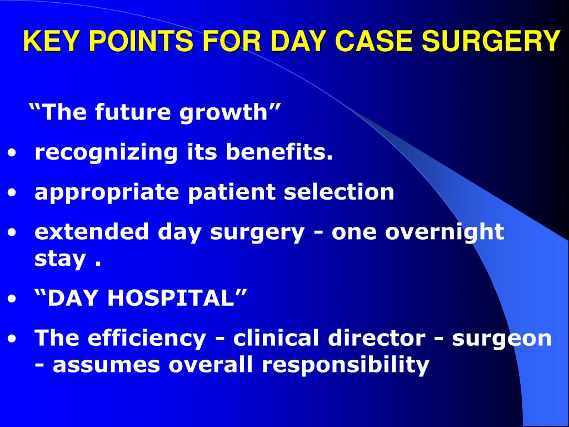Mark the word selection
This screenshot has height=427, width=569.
pyautogui.click(x=339, y=192)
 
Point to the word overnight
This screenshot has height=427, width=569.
pyautogui.click(x=445, y=231)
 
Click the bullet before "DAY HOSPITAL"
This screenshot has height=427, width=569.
pyautogui.click(x=12, y=299)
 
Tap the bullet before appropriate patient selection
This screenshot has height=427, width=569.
pyautogui.click(x=12, y=193)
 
